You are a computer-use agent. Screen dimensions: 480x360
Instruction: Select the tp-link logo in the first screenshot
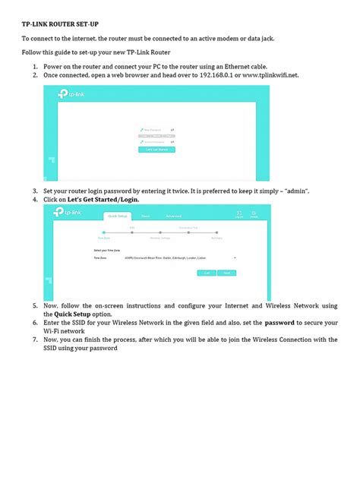(67, 95)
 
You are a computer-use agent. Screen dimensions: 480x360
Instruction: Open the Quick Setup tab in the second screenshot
(118, 216)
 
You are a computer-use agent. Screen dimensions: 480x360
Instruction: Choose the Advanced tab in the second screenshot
(174, 216)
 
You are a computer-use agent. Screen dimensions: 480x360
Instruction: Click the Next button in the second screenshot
(226, 272)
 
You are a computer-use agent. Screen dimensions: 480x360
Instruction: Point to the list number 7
(35, 339)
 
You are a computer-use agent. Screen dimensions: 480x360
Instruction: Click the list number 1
(35, 68)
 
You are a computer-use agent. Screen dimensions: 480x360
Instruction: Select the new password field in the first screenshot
(155, 131)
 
